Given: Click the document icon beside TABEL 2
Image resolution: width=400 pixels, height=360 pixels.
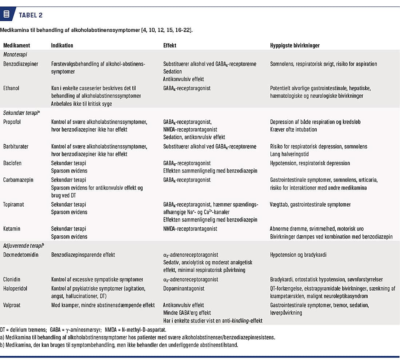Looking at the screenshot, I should pos(6,15).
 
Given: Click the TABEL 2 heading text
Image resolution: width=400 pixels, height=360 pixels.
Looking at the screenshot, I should pos(31,15).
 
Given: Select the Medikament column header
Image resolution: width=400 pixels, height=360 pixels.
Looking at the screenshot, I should pos(17,45).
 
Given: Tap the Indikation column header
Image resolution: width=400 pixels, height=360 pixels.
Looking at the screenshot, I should pos(62,45).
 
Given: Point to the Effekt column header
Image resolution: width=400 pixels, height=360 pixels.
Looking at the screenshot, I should pos(170,45).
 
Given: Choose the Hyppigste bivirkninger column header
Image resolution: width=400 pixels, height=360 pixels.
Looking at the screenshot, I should pos(295,45).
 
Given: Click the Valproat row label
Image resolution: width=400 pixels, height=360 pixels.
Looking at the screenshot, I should pos(13,305).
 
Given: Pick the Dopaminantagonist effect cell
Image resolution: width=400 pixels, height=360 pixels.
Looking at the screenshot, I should pos(184,288).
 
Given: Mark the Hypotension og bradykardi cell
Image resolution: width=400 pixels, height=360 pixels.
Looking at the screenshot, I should pos(298,255).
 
